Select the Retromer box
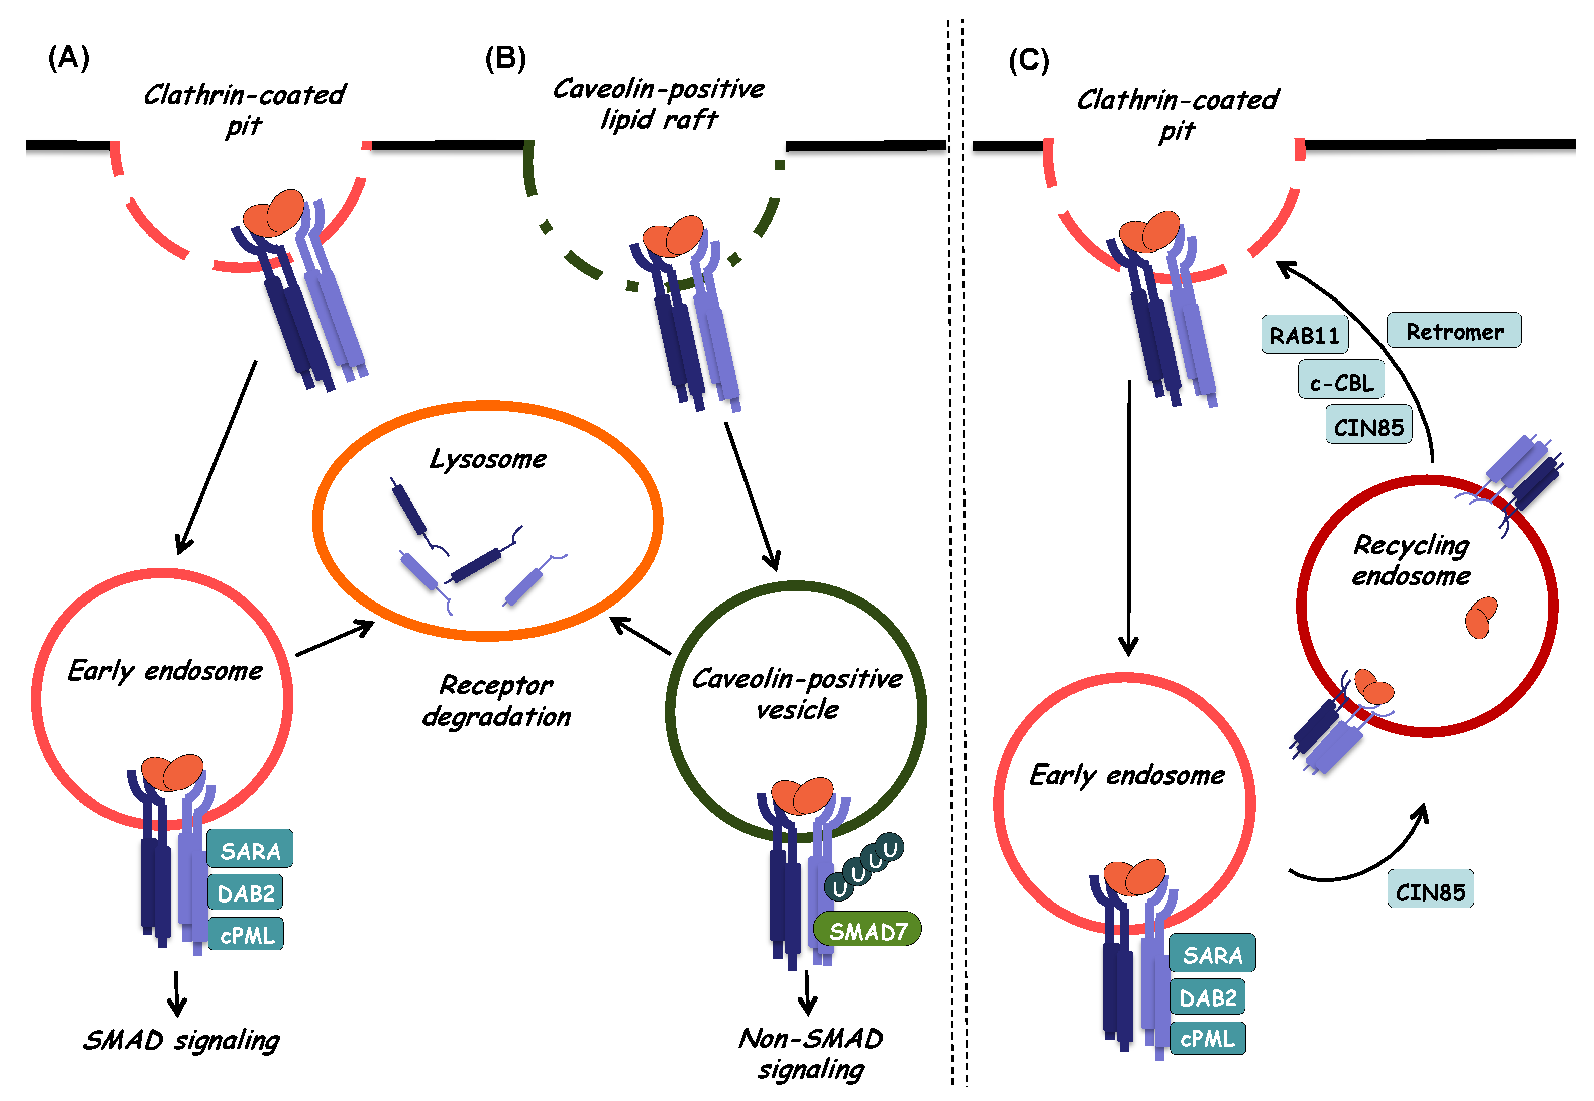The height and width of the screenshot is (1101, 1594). pyautogui.click(x=1453, y=331)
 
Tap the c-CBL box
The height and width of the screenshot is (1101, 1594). pyautogui.click(x=1341, y=381)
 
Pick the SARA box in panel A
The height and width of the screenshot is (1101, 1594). pyautogui.click(x=250, y=849)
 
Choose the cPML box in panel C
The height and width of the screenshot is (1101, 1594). pyautogui.click(x=1207, y=1038)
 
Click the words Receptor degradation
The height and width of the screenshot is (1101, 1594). pyautogui.click(x=496, y=699)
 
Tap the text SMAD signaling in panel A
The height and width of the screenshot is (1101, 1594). pyautogui.click(x=181, y=1040)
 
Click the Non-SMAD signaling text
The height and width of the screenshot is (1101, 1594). pyautogui.click(x=810, y=1053)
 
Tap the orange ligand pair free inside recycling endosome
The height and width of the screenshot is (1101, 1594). pyautogui.click(x=1479, y=618)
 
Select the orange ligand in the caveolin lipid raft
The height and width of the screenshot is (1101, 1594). pyautogui.click(x=672, y=235)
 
